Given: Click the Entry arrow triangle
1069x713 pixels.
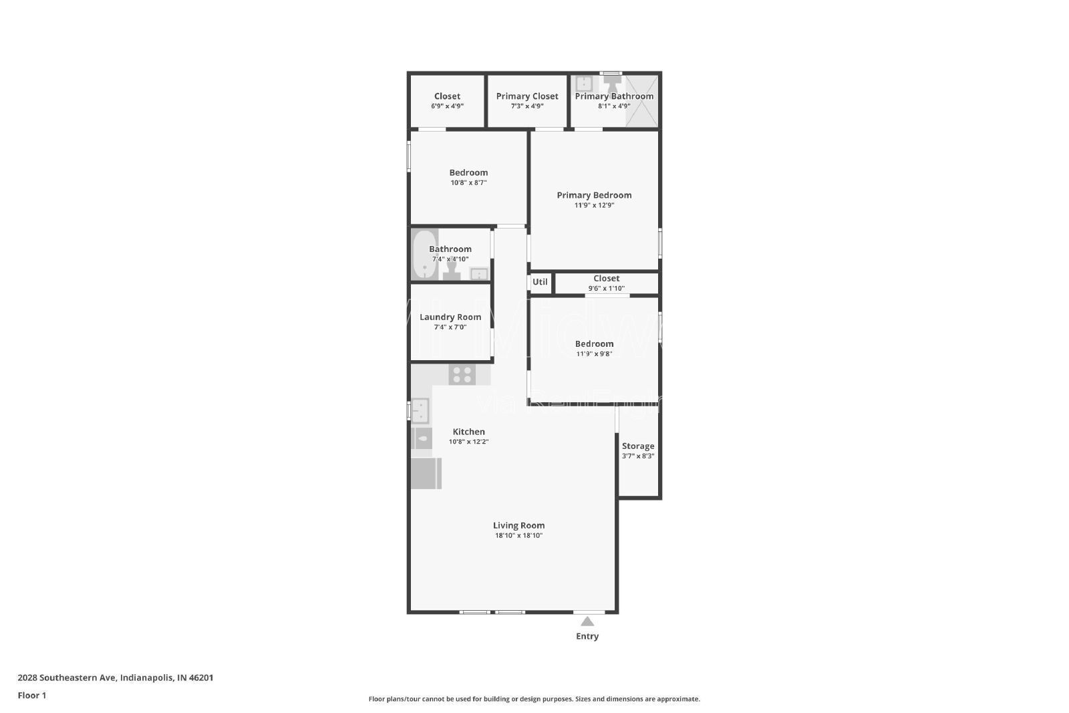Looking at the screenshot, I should point(587,621).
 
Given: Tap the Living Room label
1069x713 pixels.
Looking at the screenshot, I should point(518,525).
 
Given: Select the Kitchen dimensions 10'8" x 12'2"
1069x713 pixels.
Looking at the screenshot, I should point(468,442).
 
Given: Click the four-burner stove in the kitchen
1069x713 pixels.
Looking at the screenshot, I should point(462,374).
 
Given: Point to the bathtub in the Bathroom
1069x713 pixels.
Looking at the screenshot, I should point(424,255).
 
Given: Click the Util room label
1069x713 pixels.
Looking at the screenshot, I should point(540,282).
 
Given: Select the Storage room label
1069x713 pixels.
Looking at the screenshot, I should point(638,446).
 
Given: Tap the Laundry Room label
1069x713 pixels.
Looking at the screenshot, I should point(450,317).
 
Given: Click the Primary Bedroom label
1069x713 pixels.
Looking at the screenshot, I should point(594,195).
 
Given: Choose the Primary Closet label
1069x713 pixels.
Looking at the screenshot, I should point(527,96).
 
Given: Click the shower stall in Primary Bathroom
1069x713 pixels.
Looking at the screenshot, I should point(642,101).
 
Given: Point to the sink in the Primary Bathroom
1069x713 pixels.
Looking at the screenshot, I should point(584,84).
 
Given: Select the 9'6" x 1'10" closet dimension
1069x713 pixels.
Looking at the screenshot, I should point(606,289).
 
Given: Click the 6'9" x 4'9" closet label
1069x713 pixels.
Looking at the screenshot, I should point(447,96).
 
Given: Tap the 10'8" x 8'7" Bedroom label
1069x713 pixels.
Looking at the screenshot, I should point(468,172).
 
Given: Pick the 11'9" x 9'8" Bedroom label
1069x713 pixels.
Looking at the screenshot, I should point(594,344).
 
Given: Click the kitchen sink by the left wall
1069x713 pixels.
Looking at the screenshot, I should point(420,410).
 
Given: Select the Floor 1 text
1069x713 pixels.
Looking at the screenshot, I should point(32,696).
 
